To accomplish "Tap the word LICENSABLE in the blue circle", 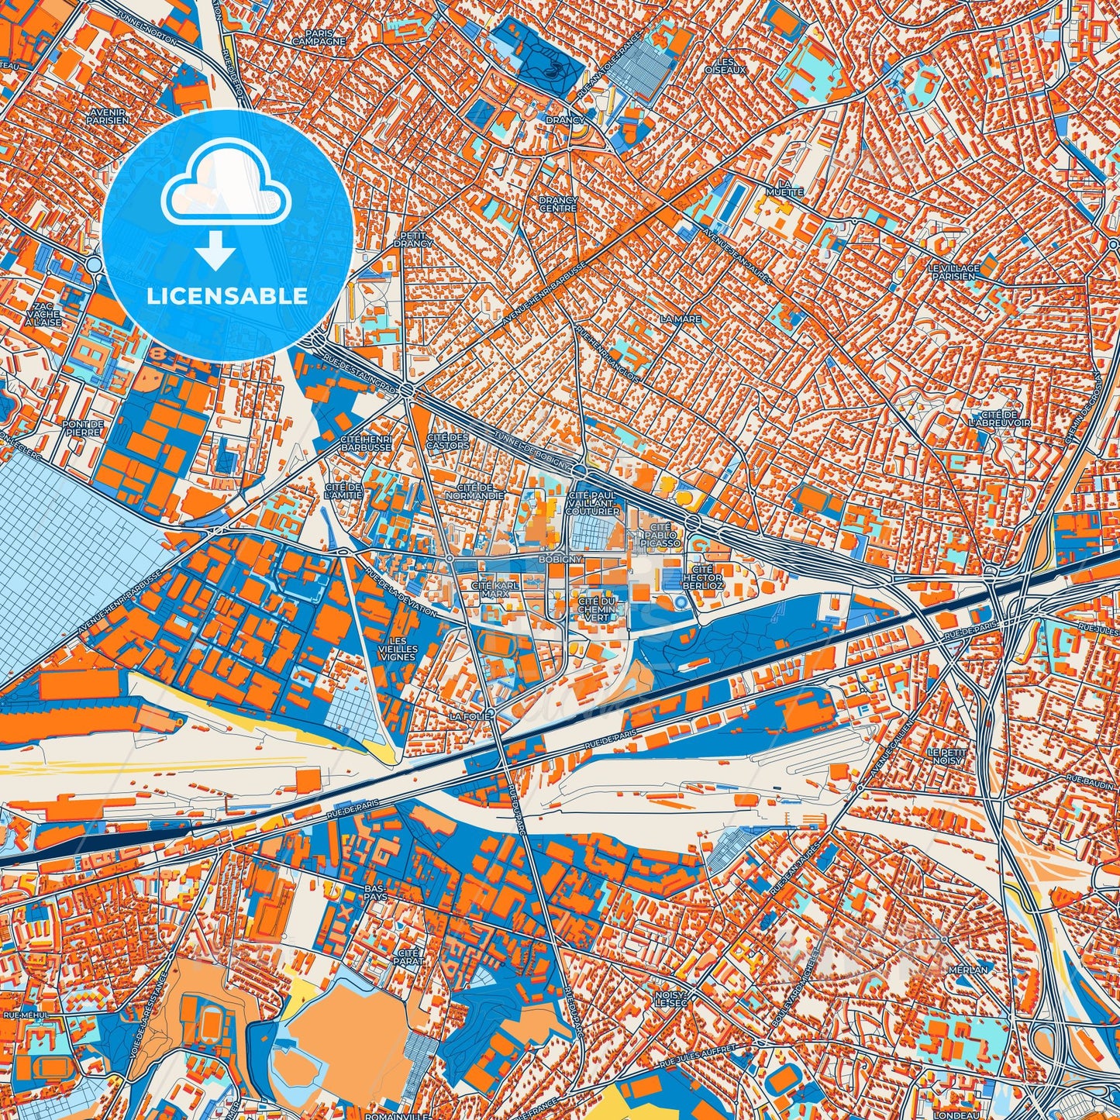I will point(229,296).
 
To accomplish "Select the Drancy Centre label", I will point(558,205).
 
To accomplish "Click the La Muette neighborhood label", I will point(784,188).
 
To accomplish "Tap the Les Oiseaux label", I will point(725,66).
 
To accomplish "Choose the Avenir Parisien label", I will point(108,116).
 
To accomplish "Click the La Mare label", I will point(681,319).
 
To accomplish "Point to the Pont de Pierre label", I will point(83,428).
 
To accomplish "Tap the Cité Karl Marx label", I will point(495,589).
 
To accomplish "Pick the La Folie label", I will point(470,717).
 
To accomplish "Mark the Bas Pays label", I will point(374,892).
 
